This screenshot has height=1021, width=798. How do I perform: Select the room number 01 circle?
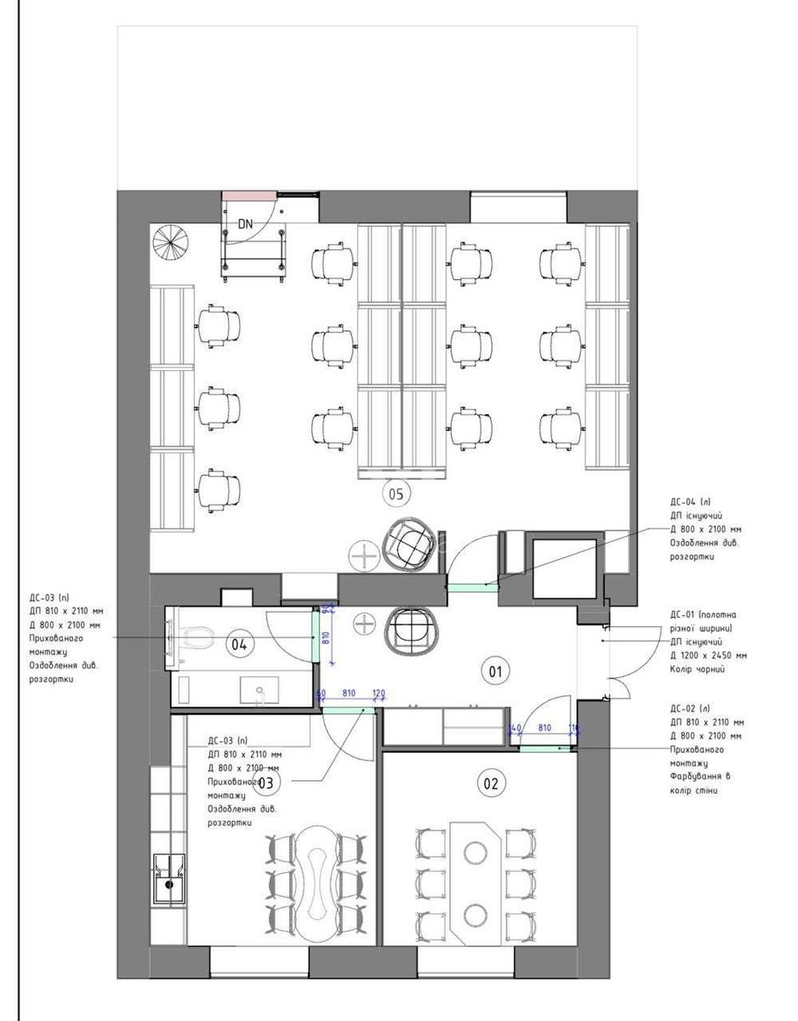[494, 671]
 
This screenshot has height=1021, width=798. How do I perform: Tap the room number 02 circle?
[491, 784]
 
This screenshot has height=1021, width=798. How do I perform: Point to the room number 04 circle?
[239, 645]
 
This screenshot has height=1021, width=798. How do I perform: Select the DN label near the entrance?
[246, 225]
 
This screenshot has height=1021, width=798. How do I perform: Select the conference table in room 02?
[476, 882]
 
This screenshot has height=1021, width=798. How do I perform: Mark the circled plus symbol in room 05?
[365, 556]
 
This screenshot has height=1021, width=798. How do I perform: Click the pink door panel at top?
[247, 196]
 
